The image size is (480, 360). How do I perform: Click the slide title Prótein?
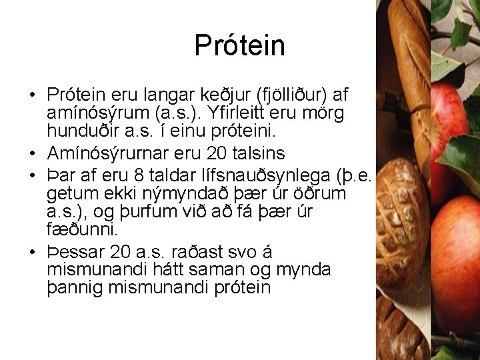[x=239, y=46]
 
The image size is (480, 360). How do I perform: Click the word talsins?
[x=258, y=153]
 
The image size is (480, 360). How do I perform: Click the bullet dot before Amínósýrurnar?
[x=32, y=154]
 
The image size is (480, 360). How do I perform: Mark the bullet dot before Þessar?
[x=32, y=253]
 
